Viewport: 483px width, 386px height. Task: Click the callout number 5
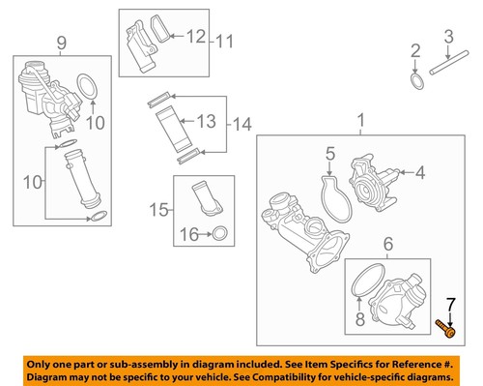328,153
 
